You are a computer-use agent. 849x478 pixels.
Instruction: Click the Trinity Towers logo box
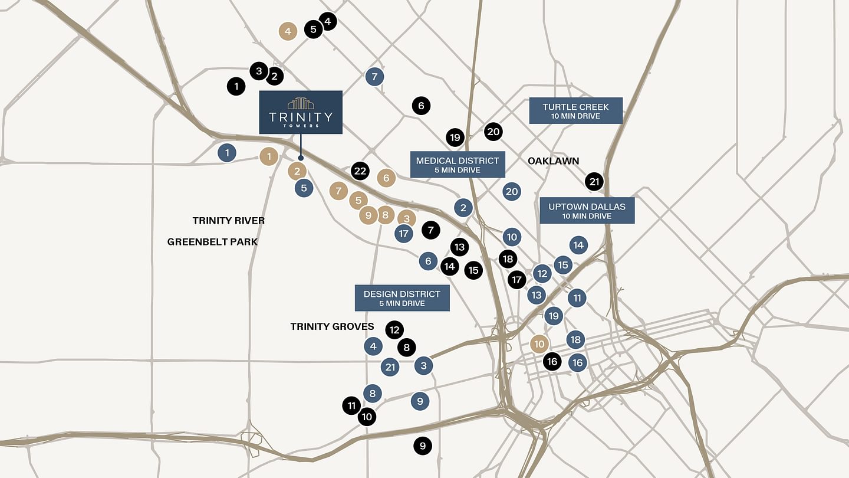[301, 112]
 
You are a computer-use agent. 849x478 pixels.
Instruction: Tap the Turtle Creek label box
[575, 110]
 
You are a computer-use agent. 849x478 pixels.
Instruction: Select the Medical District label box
[458, 164]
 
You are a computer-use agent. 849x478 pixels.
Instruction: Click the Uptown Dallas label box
[587, 211]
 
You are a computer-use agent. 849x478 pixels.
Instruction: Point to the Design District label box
[402, 298]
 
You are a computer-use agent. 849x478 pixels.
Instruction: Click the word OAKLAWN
[553, 161]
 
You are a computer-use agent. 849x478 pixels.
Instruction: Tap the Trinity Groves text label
[332, 326]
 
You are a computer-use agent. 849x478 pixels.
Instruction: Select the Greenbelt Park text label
[212, 242]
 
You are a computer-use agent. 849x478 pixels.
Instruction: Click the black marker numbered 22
[360, 172]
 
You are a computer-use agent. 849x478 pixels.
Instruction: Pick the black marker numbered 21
[594, 181]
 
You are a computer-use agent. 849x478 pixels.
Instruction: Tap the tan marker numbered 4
[288, 31]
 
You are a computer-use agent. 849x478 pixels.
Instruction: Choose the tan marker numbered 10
[539, 344]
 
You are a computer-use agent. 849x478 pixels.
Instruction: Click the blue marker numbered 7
[374, 77]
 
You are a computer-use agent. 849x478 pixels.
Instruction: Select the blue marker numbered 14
[578, 245]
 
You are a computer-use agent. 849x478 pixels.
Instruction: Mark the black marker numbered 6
[421, 106]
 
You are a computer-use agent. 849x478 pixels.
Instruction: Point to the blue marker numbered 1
[227, 153]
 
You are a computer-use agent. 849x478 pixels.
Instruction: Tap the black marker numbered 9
[422, 446]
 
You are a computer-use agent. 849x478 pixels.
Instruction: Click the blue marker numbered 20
[512, 191]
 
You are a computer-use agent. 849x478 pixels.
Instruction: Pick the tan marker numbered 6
[386, 178]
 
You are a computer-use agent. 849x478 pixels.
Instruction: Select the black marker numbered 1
[236, 86]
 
